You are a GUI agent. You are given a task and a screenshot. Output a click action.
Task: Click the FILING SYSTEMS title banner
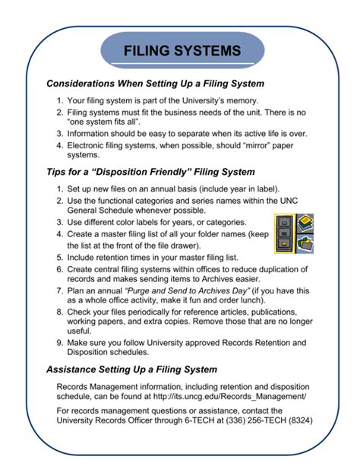click(182, 52)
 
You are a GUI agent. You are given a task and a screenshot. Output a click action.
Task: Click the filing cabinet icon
click(282, 233)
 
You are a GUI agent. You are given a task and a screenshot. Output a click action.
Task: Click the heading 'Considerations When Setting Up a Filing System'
click(155, 83)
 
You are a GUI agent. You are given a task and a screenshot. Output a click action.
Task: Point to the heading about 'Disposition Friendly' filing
click(150, 172)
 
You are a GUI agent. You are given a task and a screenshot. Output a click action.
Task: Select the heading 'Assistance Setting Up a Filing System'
click(131, 370)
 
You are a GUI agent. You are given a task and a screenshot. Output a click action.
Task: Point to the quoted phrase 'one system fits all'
click(107, 122)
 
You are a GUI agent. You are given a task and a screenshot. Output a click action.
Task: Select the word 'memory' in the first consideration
click(242, 100)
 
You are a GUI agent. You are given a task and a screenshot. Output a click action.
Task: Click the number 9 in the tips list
click(59, 342)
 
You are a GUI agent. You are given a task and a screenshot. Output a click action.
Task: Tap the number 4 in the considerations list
click(59, 144)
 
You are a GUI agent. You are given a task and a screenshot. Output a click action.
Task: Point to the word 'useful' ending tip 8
click(80, 331)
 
